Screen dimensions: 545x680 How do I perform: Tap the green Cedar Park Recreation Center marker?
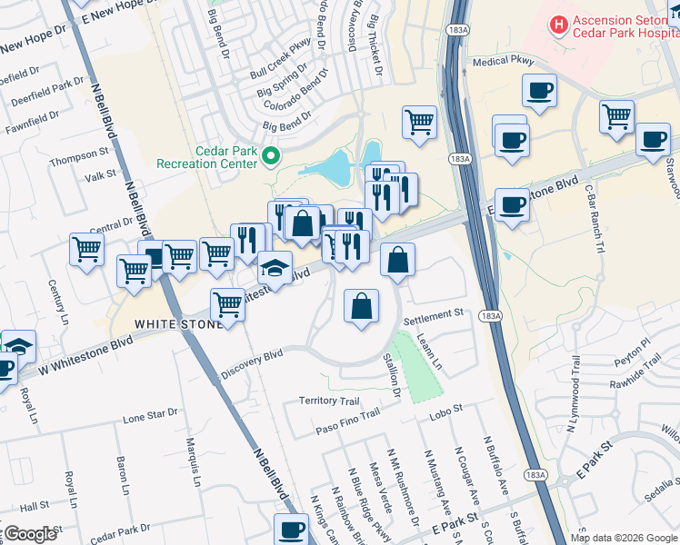[x=270, y=158]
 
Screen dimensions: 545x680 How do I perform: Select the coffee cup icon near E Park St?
[x=292, y=529]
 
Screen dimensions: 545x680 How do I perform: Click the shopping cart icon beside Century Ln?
[x=86, y=248]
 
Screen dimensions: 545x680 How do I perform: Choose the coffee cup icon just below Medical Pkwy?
[x=539, y=91]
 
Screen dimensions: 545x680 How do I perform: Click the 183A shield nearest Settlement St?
[x=490, y=315]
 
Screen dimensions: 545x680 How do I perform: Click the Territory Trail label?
[x=330, y=401]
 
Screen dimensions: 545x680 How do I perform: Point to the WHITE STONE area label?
[x=178, y=324]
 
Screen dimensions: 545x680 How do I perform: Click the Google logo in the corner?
[x=29, y=534]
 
